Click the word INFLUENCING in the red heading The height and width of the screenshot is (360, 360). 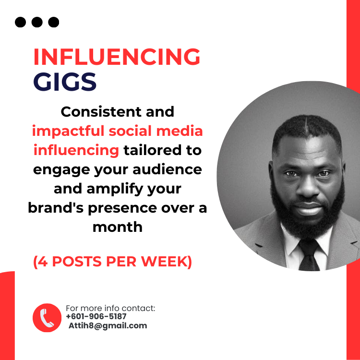pyautogui.click(x=117, y=58)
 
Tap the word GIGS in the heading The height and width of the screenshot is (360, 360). pyautogui.click(x=65, y=82)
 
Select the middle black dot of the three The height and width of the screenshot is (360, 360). pyautogui.click(x=37, y=22)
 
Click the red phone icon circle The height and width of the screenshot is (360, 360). pyautogui.click(x=47, y=317)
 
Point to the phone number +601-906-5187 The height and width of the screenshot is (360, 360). pyautogui.click(x=96, y=317)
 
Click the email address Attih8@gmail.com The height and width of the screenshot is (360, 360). pyautogui.click(x=108, y=325)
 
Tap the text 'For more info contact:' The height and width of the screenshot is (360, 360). pyautogui.click(x=110, y=308)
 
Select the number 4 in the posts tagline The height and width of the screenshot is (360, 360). pyautogui.click(x=44, y=262)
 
